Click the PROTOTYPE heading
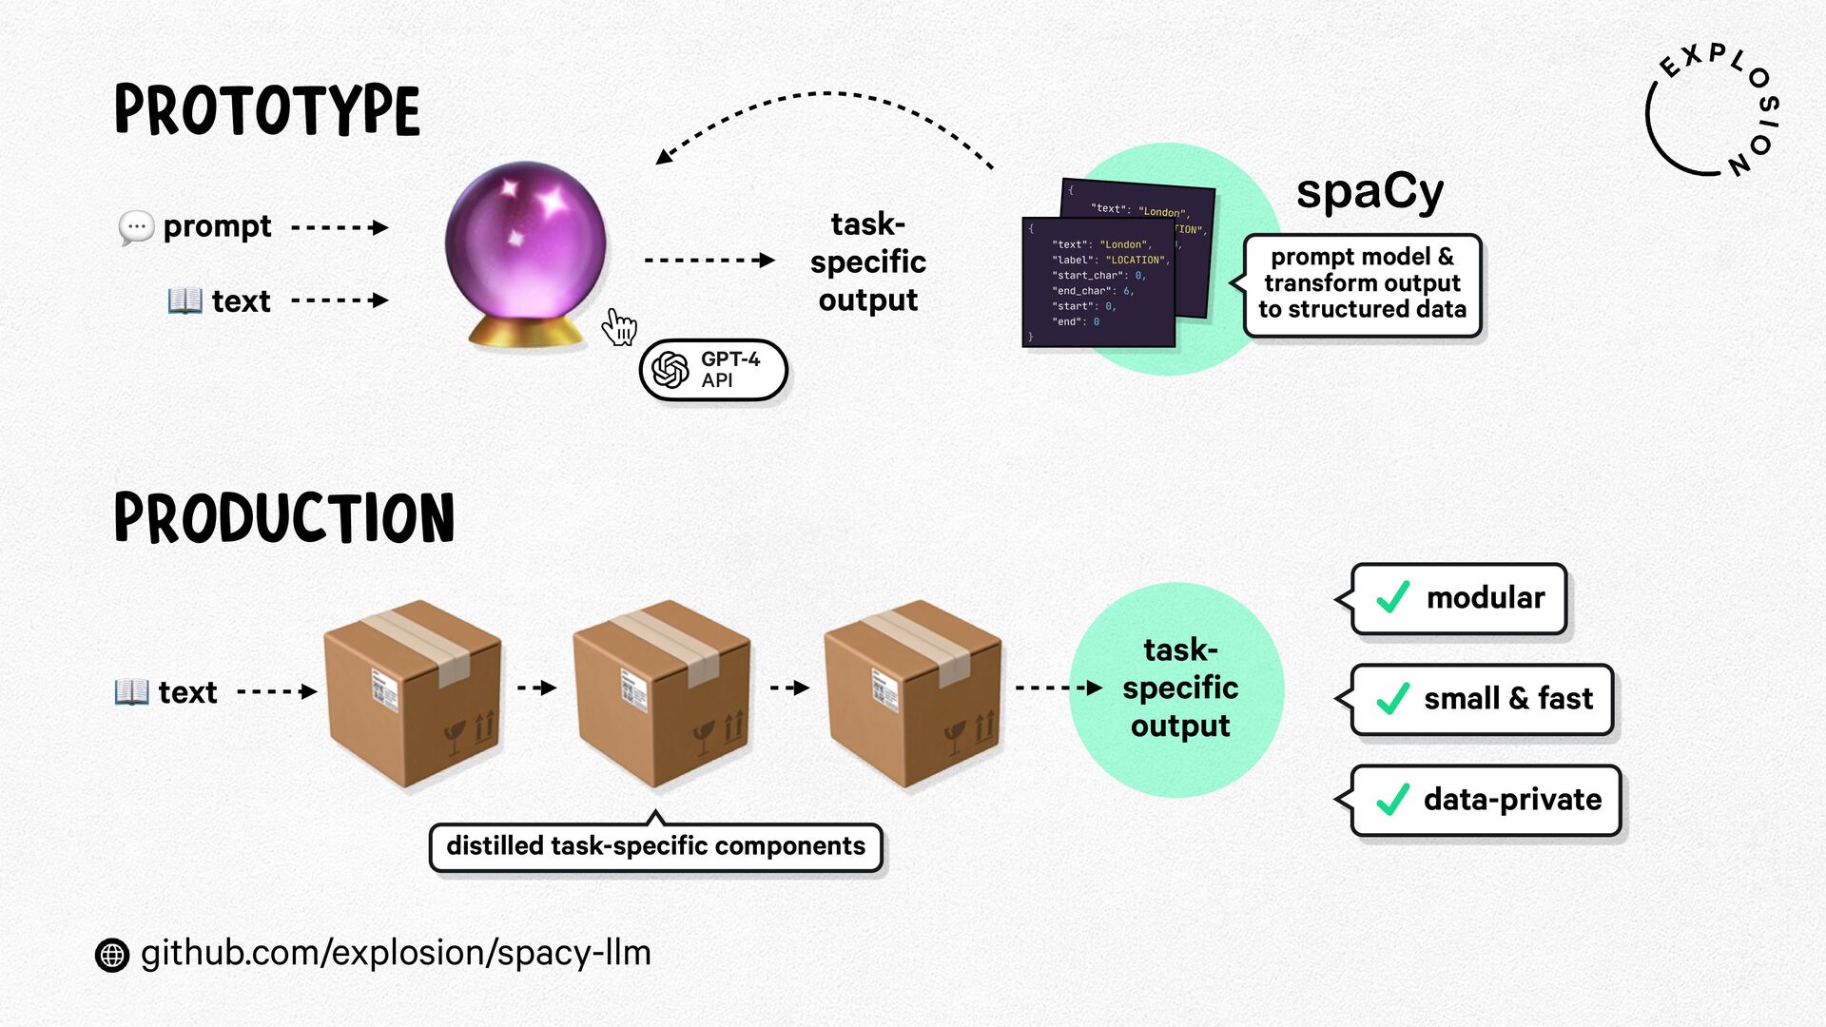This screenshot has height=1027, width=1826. (267, 110)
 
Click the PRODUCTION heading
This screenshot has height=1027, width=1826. (284, 518)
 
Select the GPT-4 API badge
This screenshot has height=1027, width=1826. (713, 370)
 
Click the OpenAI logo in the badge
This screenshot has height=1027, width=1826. (670, 370)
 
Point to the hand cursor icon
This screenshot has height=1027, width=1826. (619, 327)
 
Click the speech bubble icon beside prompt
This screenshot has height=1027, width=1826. (136, 228)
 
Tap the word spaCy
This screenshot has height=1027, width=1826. (1369, 192)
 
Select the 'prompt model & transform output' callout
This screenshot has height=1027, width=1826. (1362, 284)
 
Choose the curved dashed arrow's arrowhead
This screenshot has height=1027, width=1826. (663, 157)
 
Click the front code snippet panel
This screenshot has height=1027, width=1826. (1098, 283)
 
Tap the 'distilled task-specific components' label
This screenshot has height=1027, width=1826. (655, 846)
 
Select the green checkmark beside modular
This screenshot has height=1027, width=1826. (1393, 598)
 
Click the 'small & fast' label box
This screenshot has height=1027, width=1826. (1482, 699)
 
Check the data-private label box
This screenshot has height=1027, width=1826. (1486, 800)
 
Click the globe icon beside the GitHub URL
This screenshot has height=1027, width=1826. (112, 955)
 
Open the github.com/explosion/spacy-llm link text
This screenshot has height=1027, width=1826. (396, 953)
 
